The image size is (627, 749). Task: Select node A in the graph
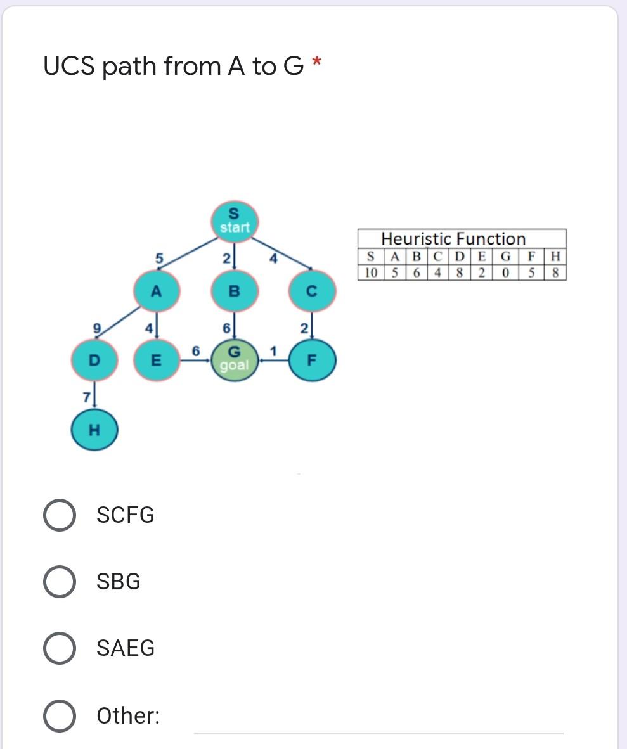(156, 291)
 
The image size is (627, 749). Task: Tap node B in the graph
(233, 291)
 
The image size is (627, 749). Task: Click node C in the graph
(311, 291)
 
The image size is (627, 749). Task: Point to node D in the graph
(94, 360)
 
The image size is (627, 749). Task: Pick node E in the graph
(156, 360)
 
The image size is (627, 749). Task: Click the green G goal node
(234, 360)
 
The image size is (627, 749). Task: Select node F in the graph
(311, 360)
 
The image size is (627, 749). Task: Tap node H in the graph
(94, 430)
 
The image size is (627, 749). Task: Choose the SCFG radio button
(60, 515)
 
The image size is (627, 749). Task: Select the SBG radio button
(60, 582)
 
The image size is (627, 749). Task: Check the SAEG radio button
(60, 648)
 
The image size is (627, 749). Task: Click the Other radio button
(60, 715)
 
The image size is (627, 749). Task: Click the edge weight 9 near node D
(97, 328)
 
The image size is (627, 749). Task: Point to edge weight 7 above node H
(86, 397)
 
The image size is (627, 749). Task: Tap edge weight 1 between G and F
(273, 351)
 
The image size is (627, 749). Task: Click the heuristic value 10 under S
(370, 273)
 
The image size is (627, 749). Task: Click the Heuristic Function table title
(453, 239)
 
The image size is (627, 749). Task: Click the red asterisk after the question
(317, 61)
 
